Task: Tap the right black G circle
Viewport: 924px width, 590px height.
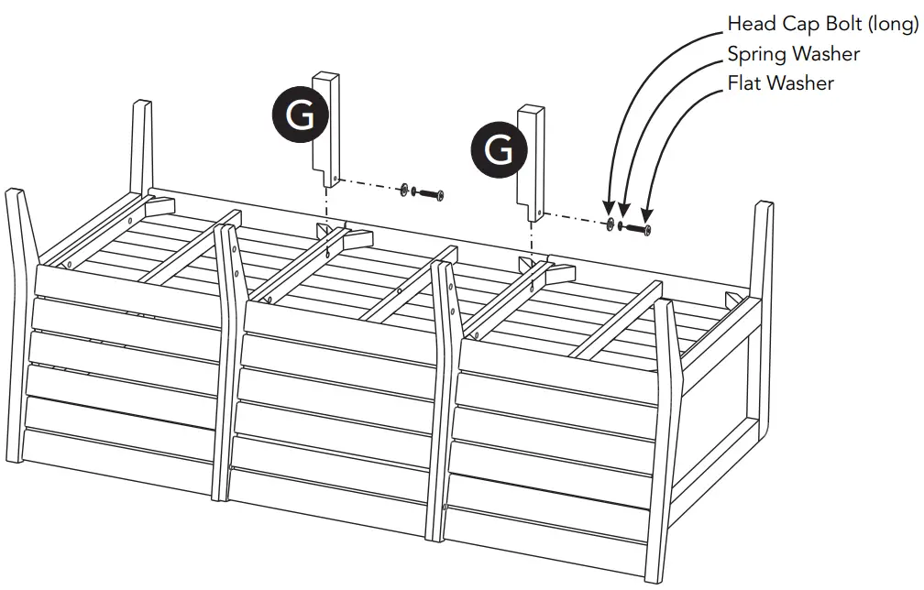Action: pos(498,149)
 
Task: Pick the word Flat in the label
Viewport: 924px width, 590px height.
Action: pos(744,83)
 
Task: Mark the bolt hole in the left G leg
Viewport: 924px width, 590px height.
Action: pos(336,178)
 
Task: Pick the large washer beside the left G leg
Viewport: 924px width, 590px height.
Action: pos(403,190)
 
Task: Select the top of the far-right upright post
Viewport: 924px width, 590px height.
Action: pos(764,205)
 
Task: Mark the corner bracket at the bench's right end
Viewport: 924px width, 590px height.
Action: pos(733,300)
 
